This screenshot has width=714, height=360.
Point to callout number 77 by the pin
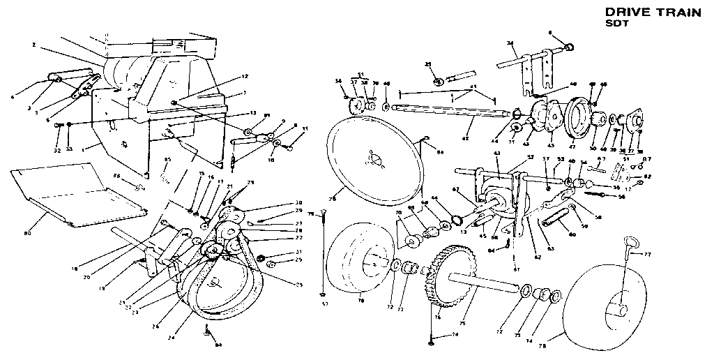647,255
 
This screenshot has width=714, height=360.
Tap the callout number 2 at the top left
33,46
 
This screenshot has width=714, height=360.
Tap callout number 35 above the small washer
428,64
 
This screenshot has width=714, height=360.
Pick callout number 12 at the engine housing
245,76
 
